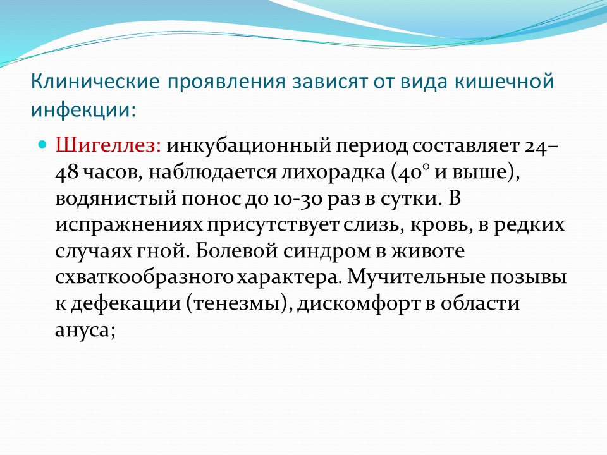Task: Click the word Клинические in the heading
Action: tap(95, 82)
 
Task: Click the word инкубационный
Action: tap(248, 146)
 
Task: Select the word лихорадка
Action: tap(333, 173)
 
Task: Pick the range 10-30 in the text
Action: tap(297, 199)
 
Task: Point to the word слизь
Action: tap(371, 225)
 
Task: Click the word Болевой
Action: tap(236, 252)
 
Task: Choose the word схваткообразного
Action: tap(144, 277)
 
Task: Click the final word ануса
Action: tap(83, 330)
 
